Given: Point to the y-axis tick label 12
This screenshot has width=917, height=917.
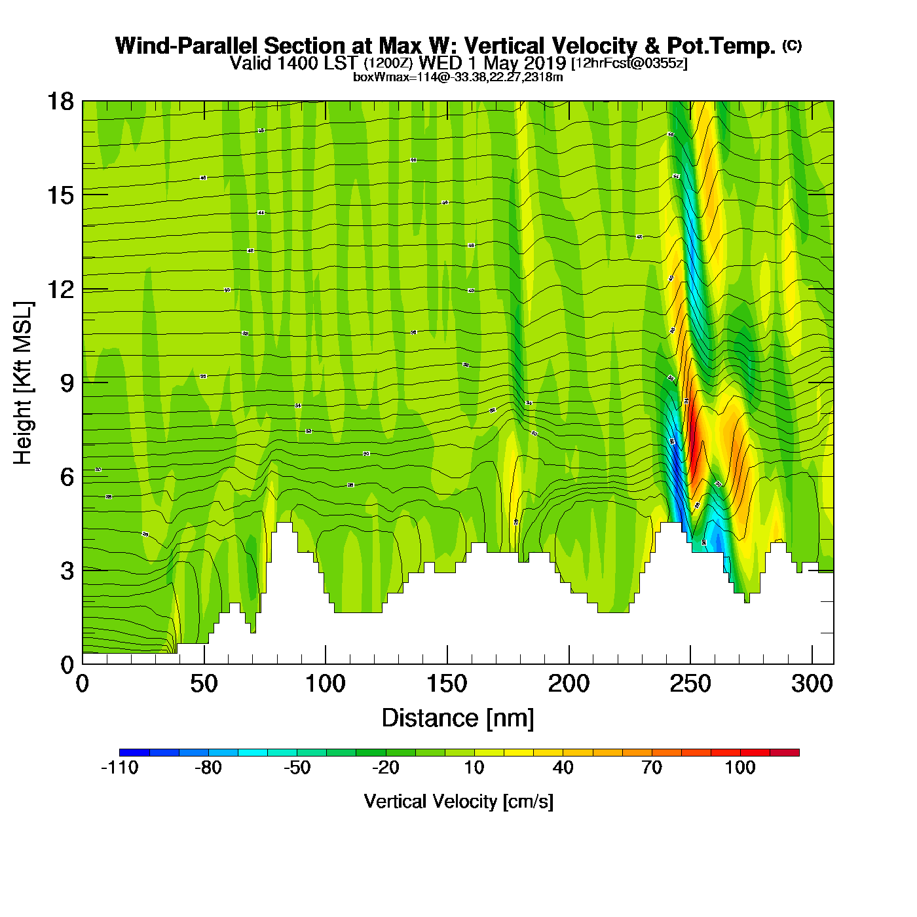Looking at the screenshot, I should (60, 289).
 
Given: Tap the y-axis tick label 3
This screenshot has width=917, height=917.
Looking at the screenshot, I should (67, 571).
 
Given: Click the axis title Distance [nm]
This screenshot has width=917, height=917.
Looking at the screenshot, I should (458, 719).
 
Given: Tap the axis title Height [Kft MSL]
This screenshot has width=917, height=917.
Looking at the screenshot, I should (23, 383).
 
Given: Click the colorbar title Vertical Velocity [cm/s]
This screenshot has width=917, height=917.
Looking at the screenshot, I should (458, 801).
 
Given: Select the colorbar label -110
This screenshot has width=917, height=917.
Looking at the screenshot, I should (120, 768).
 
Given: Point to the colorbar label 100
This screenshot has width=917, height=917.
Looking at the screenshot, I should (740, 768).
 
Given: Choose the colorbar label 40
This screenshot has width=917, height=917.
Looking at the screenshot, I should (563, 768).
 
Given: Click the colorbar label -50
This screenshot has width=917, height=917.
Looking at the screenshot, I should (297, 768).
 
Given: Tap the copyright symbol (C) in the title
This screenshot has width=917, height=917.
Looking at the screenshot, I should (792, 45).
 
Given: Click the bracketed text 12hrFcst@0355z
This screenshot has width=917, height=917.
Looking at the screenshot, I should (629, 64).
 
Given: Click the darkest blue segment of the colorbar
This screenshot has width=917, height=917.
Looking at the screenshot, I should (134, 753).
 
